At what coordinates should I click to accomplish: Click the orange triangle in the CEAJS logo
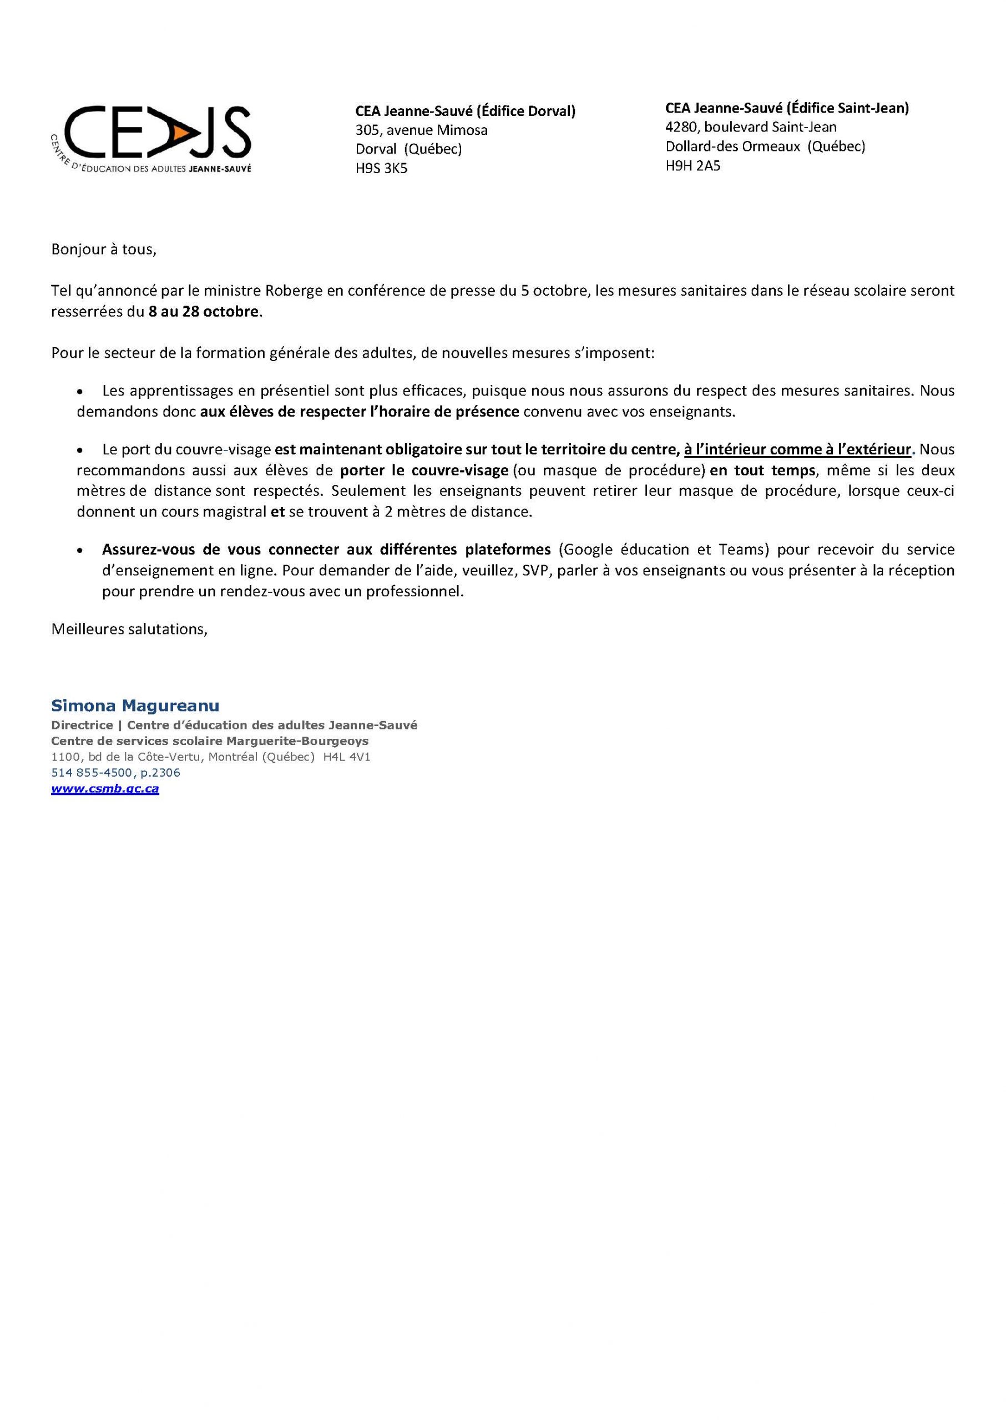(181, 132)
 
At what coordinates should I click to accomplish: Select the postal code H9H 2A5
(692, 165)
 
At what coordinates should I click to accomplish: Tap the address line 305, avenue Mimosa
(421, 130)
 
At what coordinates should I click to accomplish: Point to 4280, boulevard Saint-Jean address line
(751, 127)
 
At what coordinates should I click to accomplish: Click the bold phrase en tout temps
(762, 470)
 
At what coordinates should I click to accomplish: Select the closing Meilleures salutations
(129, 629)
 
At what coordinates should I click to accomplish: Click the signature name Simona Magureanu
(135, 706)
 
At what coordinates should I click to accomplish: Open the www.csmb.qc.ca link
(105, 789)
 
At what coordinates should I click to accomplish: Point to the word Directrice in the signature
(82, 725)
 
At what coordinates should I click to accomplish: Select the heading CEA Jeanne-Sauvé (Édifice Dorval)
(465, 111)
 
